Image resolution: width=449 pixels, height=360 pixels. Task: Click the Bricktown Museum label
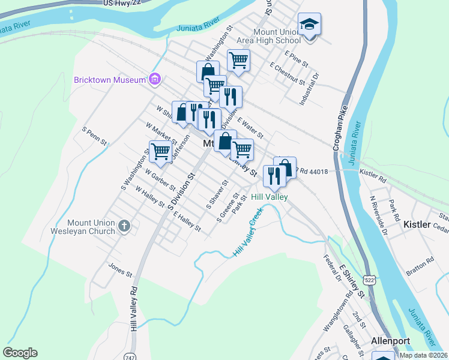click(x=110, y=80)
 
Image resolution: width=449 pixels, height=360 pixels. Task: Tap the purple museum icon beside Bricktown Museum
click(x=155, y=79)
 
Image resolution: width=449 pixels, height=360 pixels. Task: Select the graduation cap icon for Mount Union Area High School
click(x=310, y=25)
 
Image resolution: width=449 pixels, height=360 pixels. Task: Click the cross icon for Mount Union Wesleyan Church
click(x=124, y=226)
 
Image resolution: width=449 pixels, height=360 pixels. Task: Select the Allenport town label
click(x=390, y=341)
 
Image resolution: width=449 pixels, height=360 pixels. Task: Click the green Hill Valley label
click(x=270, y=197)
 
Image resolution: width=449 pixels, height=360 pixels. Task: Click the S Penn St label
click(x=95, y=136)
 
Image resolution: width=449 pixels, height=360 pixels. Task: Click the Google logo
click(x=20, y=353)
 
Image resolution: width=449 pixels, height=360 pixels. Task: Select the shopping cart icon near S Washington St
click(x=160, y=151)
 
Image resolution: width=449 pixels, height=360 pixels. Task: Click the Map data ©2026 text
click(x=423, y=355)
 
